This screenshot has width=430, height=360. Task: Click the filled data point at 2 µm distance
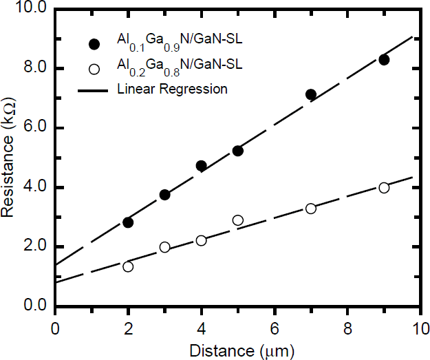(128, 222)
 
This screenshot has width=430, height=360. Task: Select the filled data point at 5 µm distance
(238, 151)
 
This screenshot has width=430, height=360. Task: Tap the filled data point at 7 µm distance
(311, 94)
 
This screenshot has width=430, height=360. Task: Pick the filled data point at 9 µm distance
(384, 60)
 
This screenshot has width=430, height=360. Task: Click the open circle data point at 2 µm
(128, 266)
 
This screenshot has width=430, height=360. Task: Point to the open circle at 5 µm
(238, 220)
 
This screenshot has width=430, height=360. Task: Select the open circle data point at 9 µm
(384, 188)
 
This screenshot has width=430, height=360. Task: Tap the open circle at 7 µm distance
(311, 209)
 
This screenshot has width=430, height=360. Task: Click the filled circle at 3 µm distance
(164, 195)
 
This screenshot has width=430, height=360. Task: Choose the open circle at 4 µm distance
(201, 240)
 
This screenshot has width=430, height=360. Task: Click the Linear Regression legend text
(173, 89)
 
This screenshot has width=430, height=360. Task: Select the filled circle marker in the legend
(94, 44)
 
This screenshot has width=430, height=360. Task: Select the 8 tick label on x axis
(347, 329)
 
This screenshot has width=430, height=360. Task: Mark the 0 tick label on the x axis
(55, 329)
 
